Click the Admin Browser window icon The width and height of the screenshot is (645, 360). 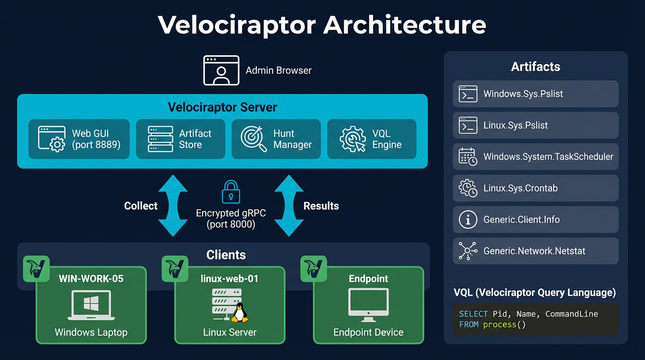point(221,70)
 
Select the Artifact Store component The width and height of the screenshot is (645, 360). point(180,139)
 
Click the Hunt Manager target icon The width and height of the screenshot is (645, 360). point(254,139)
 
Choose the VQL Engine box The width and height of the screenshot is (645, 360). point(371,139)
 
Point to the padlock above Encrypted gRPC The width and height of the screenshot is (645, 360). point(231,192)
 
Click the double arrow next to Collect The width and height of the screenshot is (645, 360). point(172,206)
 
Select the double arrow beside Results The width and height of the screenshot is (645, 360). point(289,206)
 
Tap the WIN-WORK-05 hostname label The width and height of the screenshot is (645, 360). point(91,279)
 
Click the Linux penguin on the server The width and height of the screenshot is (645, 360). point(240,313)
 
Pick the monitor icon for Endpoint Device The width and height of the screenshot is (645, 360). point(368,305)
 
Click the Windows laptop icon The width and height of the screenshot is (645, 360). point(91,306)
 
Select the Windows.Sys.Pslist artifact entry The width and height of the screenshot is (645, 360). point(535,94)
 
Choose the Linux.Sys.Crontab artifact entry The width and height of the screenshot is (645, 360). point(535,188)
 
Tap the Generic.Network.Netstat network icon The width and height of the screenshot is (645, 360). point(468,251)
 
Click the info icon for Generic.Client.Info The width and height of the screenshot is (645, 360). point(468,220)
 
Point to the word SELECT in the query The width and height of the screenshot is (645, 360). point(473,314)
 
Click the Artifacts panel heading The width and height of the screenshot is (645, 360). point(535,67)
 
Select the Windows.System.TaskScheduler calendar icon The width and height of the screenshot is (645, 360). point(468,157)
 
